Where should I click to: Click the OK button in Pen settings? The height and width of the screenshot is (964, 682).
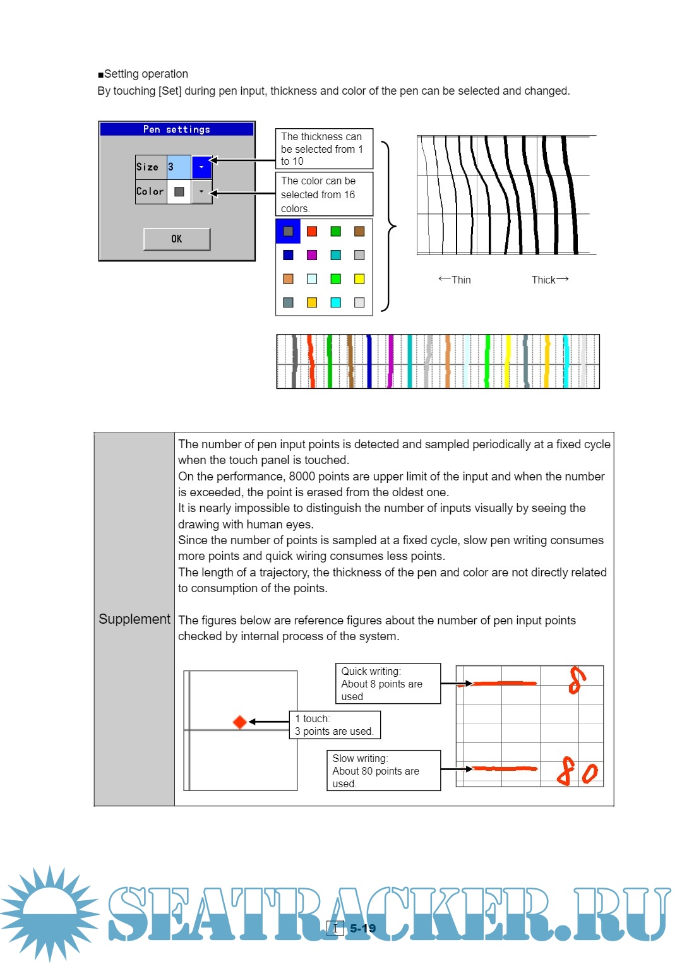[x=177, y=239]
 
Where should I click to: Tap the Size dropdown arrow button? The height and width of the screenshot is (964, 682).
[x=201, y=167]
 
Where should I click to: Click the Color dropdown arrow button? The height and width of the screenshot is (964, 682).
[x=201, y=191]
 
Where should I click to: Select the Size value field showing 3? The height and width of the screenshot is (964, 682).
[x=179, y=167]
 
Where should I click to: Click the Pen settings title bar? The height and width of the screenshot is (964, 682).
[x=177, y=129]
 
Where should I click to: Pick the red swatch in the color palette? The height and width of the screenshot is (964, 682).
[x=312, y=231]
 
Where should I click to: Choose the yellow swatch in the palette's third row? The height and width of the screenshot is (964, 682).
[x=359, y=279]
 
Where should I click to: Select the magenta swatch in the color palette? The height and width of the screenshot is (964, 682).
[x=312, y=255]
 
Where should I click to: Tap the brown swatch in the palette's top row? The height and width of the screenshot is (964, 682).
[x=359, y=231]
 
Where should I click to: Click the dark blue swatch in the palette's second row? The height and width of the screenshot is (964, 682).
[x=288, y=255]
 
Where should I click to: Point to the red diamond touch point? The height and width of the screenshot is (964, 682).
[x=240, y=722]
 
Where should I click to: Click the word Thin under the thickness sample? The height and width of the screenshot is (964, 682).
[x=461, y=280]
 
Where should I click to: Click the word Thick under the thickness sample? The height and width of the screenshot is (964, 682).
[x=543, y=280]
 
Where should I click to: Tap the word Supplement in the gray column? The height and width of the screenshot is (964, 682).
[x=135, y=619]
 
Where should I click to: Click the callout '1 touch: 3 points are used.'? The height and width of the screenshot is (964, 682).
[x=335, y=725]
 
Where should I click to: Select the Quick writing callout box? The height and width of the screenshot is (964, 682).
[x=388, y=684]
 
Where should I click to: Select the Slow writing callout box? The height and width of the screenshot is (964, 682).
[x=383, y=771]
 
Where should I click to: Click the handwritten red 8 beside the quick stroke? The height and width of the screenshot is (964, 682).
[x=576, y=680]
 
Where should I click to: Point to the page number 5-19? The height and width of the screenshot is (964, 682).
[x=362, y=928]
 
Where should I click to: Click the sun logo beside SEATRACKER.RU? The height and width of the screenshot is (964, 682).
[x=49, y=913]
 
